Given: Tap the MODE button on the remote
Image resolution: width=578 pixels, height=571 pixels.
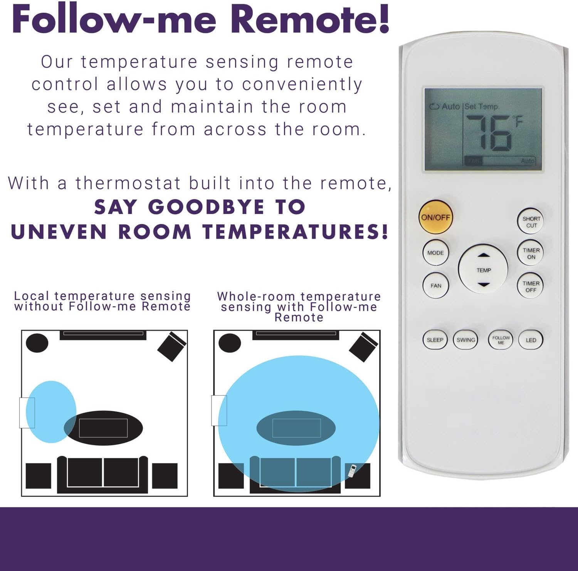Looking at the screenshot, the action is pyautogui.click(x=436, y=253).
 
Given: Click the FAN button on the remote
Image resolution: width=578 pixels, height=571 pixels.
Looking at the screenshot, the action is pyautogui.click(x=436, y=286).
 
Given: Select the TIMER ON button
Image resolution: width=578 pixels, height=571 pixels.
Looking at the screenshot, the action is pyautogui.click(x=531, y=253).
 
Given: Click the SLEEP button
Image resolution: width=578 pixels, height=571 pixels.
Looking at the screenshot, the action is pyautogui.click(x=435, y=340).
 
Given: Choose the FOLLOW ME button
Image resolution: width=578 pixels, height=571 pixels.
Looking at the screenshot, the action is pyautogui.click(x=501, y=340).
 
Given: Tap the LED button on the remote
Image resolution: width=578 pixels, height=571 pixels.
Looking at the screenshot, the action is pyautogui.click(x=531, y=340).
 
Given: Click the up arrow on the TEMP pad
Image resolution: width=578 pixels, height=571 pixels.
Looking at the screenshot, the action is pyautogui.click(x=484, y=255).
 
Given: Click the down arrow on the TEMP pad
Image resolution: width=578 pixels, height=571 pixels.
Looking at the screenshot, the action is pyautogui.click(x=484, y=285).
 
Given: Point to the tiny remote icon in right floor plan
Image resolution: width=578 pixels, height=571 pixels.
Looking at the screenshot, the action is pyautogui.click(x=352, y=471).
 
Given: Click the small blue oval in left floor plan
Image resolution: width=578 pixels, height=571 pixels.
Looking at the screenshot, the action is pyautogui.click(x=51, y=412).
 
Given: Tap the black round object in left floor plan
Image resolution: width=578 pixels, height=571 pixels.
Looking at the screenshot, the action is pyautogui.click(x=37, y=343).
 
